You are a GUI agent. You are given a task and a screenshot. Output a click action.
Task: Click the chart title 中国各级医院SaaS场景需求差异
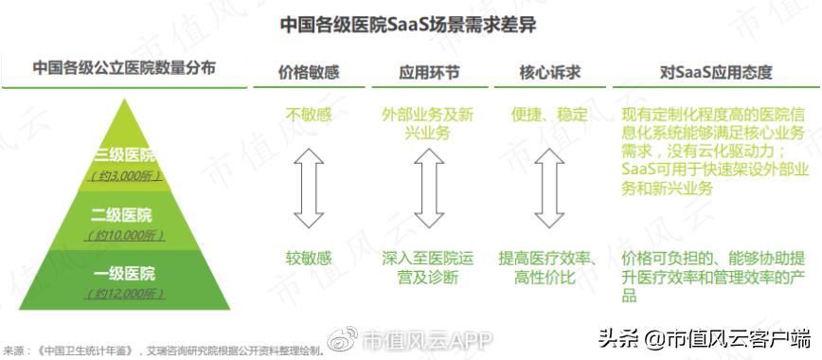(x=408, y=25)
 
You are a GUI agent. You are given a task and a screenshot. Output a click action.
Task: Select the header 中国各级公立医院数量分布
(x=124, y=68)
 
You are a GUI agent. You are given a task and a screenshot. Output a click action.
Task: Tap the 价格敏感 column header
(x=309, y=71)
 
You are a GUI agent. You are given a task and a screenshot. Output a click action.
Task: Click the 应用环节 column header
(x=429, y=71)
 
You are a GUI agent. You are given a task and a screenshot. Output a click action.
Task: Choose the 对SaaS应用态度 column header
(x=716, y=71)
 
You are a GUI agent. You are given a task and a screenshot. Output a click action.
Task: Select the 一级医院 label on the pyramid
(x=124, y=274)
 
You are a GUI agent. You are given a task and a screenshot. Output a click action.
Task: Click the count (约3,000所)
(x=125, y=176)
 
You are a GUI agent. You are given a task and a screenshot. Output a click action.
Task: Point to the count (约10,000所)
(x=124, y=235)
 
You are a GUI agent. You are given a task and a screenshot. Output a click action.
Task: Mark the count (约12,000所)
(x=124, y=295)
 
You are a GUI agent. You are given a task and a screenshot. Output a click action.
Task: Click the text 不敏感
(x=309, y=116)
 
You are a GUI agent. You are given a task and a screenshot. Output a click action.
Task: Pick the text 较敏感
(x=309, y=257)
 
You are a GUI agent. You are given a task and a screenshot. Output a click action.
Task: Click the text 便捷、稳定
(x=548, y=116)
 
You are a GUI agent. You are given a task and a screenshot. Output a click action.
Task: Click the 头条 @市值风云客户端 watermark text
(x=702, y=337)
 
